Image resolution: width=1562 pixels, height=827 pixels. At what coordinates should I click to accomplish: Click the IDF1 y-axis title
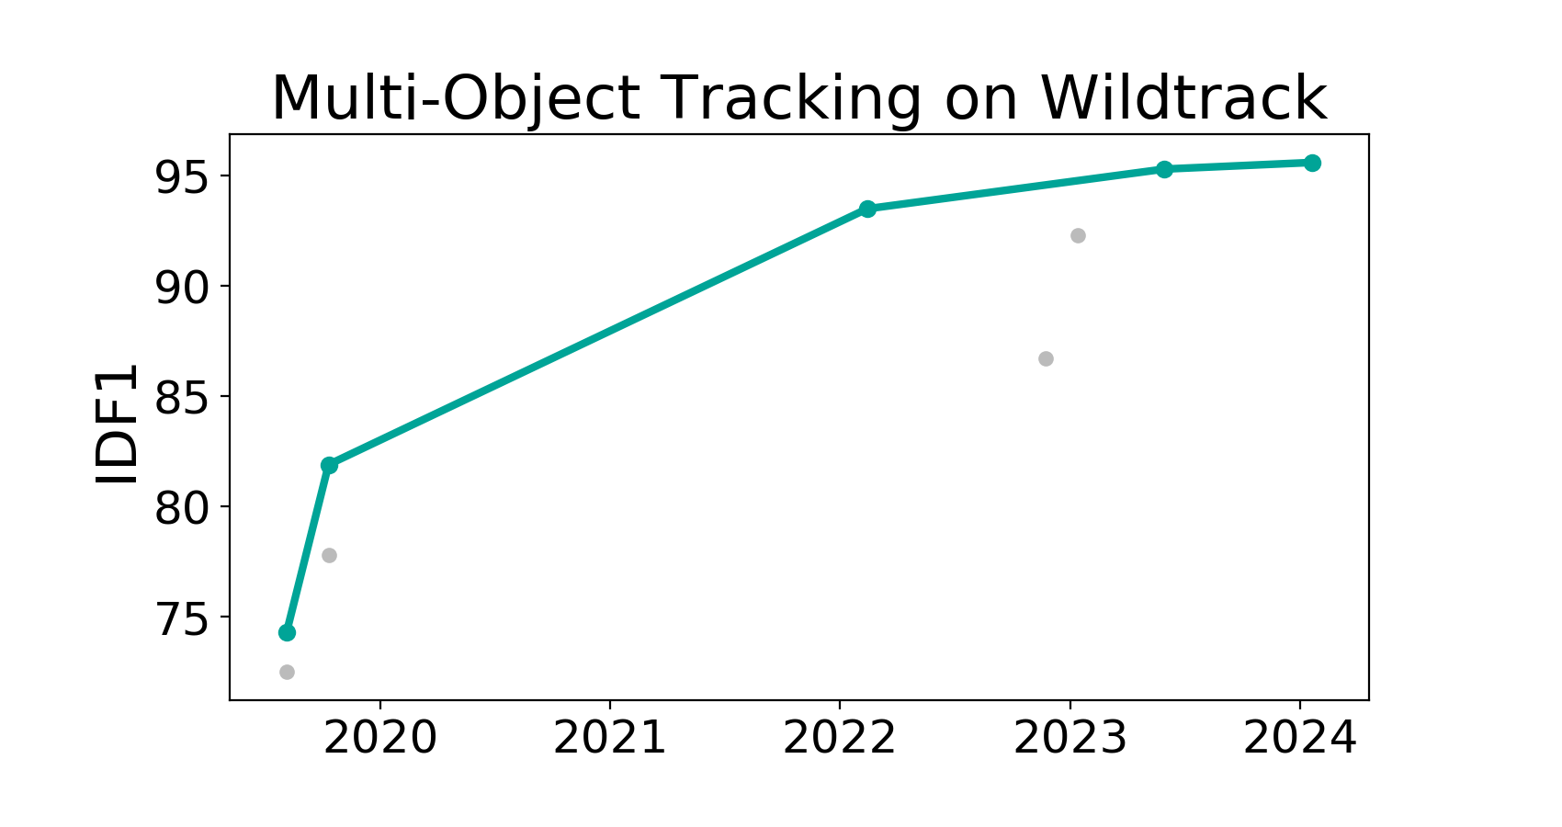tap(116, 424)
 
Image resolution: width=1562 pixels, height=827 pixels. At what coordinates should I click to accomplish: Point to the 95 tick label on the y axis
tap(181, 176)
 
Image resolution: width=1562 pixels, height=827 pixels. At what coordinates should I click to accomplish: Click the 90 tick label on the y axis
tap(181, 287)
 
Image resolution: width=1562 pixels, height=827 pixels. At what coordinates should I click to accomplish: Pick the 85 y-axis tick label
tap(181, 397)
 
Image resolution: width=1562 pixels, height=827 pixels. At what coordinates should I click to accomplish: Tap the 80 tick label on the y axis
tap(181, 507)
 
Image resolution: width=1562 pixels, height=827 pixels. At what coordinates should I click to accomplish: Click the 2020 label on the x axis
tap(380, 738)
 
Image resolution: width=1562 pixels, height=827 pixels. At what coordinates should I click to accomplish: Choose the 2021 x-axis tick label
tap(610, 738)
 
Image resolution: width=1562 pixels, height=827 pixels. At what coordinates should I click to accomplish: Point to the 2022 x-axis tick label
tap(840, 738)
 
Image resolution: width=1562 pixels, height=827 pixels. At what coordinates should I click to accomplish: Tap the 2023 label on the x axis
tap(1070, 738)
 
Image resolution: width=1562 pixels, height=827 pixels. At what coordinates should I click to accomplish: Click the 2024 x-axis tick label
tap(1300, 738)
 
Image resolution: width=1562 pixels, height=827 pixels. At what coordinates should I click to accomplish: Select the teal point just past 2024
tap(1312, 164)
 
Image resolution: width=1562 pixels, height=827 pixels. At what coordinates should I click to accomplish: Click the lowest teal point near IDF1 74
tap(287, 632)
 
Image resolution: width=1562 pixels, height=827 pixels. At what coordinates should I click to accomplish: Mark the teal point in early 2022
tap(867, 209)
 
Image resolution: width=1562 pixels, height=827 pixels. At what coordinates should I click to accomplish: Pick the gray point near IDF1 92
tap(1078, 235)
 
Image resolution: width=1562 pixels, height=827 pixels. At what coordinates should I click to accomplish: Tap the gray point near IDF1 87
tap(1046, 359)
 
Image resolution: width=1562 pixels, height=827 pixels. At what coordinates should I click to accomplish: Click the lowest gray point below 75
tap(287, 673)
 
